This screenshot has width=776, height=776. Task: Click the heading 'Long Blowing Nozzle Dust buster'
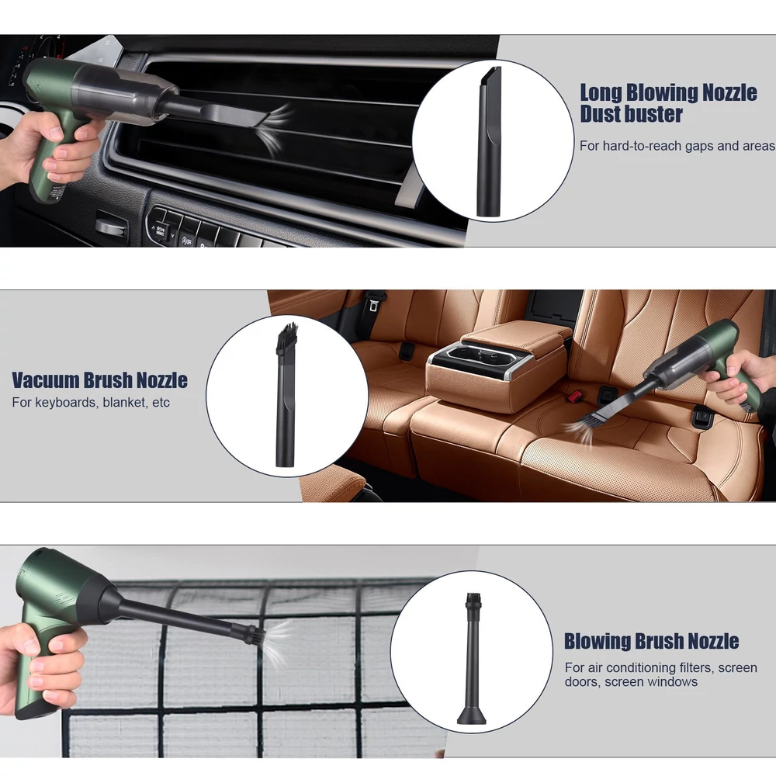coord(668,103)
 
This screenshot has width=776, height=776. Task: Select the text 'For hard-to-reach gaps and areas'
coord(677,146)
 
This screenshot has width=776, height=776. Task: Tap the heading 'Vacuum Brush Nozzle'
coord(99,380)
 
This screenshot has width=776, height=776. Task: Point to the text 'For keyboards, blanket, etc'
coord(91,402)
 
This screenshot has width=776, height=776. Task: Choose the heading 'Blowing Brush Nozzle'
coord(651,641)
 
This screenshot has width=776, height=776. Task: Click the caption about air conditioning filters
coord(660,674)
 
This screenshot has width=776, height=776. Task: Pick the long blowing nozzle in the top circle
coord(488,141)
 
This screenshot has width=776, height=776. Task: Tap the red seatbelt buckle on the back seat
coord(574,396)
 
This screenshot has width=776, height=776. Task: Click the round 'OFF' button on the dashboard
coord(186,241)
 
